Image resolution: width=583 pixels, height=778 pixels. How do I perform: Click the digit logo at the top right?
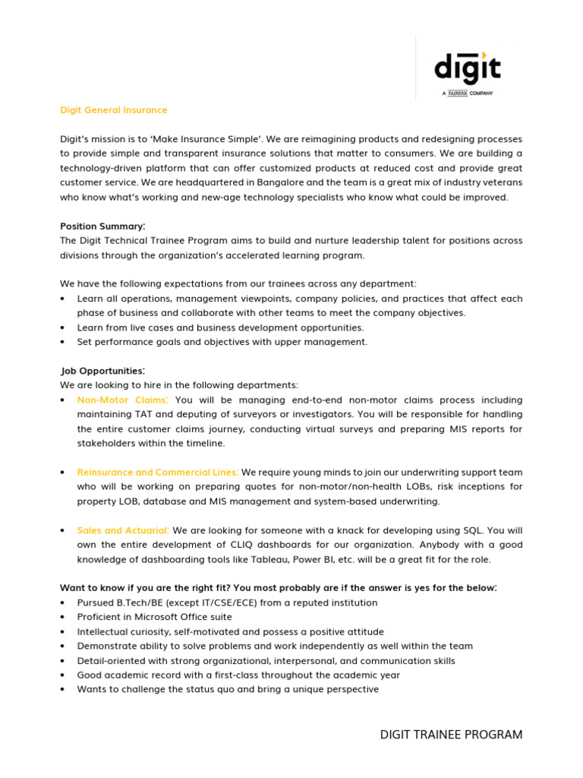coord(467,68)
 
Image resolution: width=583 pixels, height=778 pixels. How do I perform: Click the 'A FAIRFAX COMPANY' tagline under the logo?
coord(468,93)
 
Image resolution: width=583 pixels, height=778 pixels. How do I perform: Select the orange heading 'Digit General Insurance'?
coord(114,110)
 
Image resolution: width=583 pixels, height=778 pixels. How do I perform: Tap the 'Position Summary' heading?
coord(102,226)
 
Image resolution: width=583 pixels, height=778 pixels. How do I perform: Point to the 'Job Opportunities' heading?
coord(102,371)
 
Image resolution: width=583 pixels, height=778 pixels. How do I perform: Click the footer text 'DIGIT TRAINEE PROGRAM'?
coord(451,735)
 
